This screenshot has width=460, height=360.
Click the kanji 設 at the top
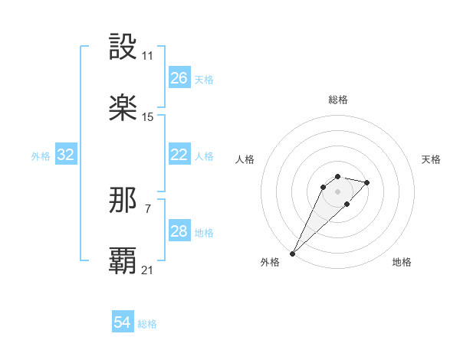point(123,47)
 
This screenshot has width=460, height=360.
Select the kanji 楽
point(123,108)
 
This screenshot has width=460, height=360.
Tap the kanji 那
point(123,200)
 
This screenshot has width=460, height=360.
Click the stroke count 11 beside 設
point(147,56)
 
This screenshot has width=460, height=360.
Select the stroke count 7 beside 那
point(147,208)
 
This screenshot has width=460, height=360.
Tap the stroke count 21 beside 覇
point(147,270)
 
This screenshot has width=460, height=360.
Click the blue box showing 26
point(179,78)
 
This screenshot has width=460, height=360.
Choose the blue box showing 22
point(179,155)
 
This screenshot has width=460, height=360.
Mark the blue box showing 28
point(179,231)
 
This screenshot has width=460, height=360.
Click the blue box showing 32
point(66,155)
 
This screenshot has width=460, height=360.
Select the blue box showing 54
point(123,322)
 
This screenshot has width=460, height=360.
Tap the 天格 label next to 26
point(204,79)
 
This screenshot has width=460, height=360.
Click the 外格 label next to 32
point(41,155)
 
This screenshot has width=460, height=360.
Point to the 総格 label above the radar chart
point(338,100)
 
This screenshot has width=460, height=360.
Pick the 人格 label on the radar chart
point(245,159)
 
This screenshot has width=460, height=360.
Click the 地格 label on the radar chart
point(402,262)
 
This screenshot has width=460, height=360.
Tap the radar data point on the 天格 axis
point(367,182)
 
